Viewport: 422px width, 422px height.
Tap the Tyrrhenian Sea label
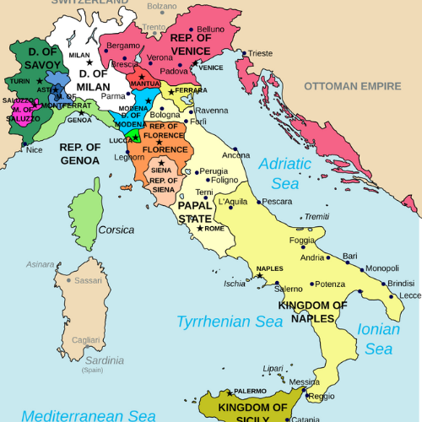tap(225, 321)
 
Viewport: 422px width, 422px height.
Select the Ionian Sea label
tap(379, 338)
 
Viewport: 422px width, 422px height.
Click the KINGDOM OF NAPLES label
tap(312, 311)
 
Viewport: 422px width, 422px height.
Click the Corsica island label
tap(116, 230)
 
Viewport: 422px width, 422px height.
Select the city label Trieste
tap(260, 53)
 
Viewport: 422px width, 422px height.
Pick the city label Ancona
tap(235, 155)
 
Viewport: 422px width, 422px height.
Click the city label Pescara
tap(277, 202)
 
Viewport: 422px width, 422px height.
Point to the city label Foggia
tap(302, 241)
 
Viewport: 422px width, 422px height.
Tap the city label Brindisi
tap(401, 283)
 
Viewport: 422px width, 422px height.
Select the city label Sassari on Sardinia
tap(88, 280)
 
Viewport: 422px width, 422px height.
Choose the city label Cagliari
tap(85, 339)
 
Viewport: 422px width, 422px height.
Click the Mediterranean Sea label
tap(89, 415)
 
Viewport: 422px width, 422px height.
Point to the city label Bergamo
tap(122, 46)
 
